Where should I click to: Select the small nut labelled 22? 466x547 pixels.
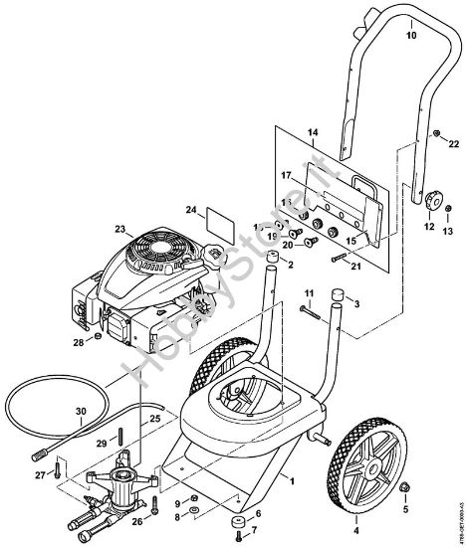437,132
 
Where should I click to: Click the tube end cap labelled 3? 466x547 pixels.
340,295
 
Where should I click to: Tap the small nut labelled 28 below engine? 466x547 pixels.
98,337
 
